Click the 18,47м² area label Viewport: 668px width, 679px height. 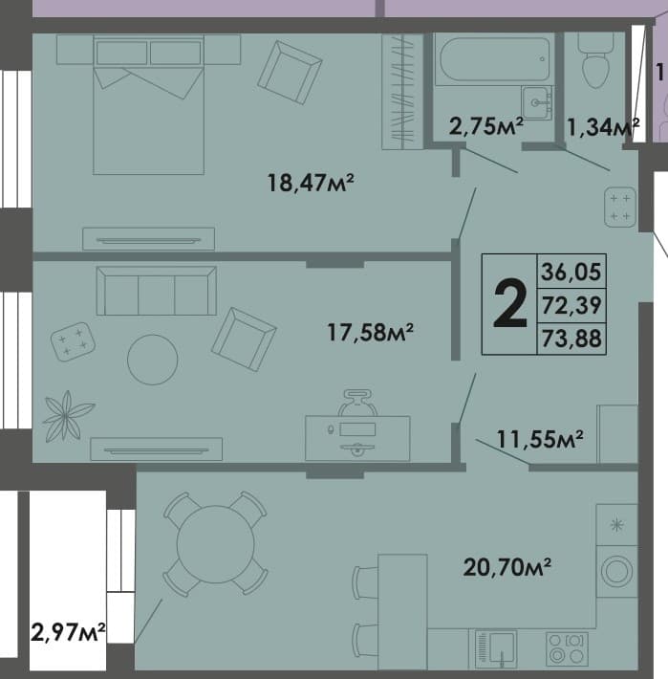click(311, 183)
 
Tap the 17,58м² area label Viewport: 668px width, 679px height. click(371, 332)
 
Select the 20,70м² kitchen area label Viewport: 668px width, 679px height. click(507, 567)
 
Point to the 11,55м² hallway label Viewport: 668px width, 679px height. click(540, 439)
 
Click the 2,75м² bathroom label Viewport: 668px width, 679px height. click(486, 126)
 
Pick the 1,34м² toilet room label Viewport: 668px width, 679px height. click(603, 127)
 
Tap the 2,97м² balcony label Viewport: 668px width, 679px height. click(68, 632)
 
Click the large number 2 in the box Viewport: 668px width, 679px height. click(510, 304)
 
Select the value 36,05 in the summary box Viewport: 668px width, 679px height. click(571, 272)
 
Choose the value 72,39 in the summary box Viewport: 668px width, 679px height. click(571, 305)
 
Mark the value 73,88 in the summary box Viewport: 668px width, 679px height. click(571, 339)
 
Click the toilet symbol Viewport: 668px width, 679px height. click(595, 60)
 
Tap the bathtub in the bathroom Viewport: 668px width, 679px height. click(494, 59)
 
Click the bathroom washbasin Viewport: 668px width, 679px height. click(537, 103)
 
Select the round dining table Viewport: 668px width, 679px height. click(215, 544)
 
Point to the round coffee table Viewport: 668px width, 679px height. click(153, 360)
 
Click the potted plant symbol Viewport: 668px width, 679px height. click(67, 416)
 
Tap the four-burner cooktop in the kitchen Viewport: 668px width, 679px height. click(567, 649)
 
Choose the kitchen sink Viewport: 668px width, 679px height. click(496, 648)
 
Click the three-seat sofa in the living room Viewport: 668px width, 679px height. click(156, 291)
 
